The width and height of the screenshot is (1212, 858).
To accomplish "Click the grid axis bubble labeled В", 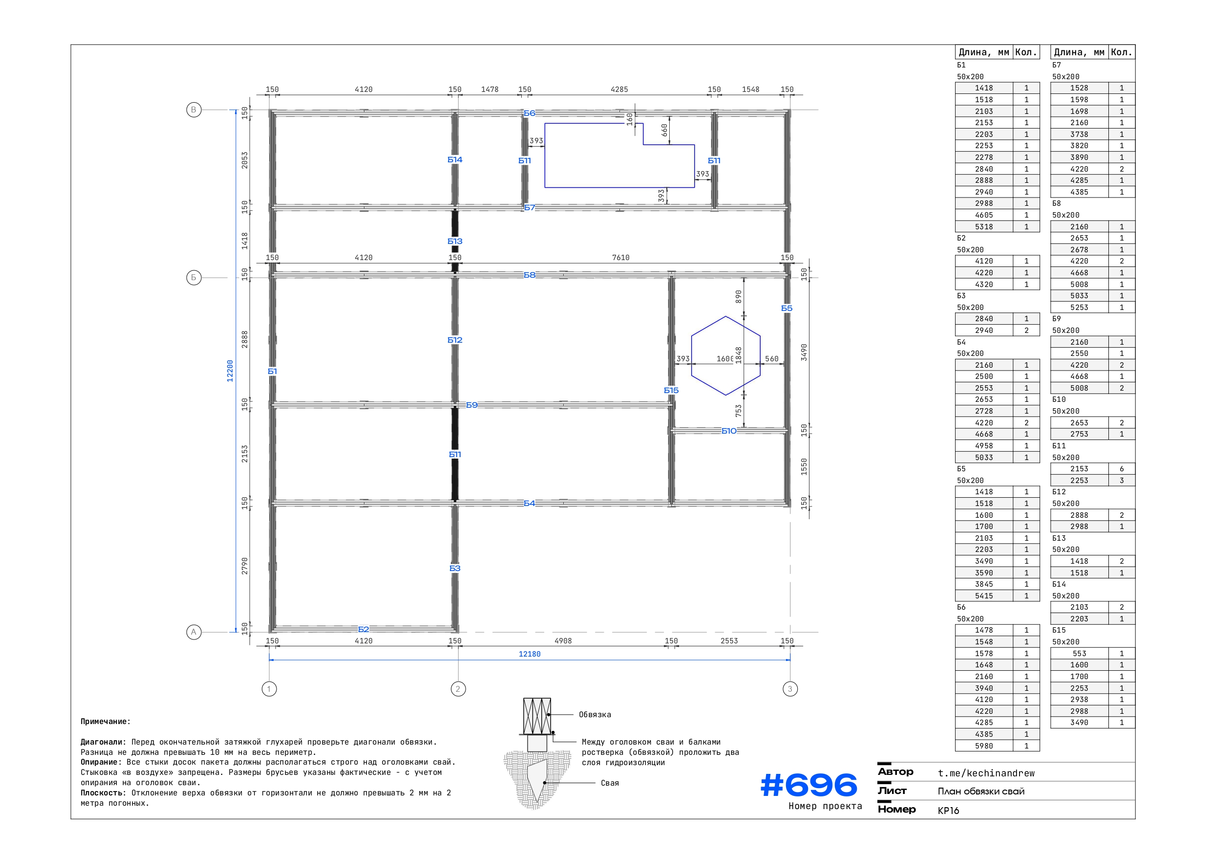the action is [x=194, y=110].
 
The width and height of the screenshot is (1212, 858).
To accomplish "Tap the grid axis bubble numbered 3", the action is [x=790, y=689].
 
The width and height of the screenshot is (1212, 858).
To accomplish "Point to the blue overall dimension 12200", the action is [x=230, y=371].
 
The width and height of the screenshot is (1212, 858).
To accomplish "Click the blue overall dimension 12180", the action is [x=530, y=654].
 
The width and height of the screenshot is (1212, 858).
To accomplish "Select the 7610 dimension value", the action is [x=621, y=258].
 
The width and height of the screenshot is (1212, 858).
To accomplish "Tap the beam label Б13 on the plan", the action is [x=455, y=242].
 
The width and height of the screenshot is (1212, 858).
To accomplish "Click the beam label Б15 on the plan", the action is [x=671, y=391].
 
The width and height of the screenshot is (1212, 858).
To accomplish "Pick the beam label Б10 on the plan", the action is [x=729, y=431].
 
